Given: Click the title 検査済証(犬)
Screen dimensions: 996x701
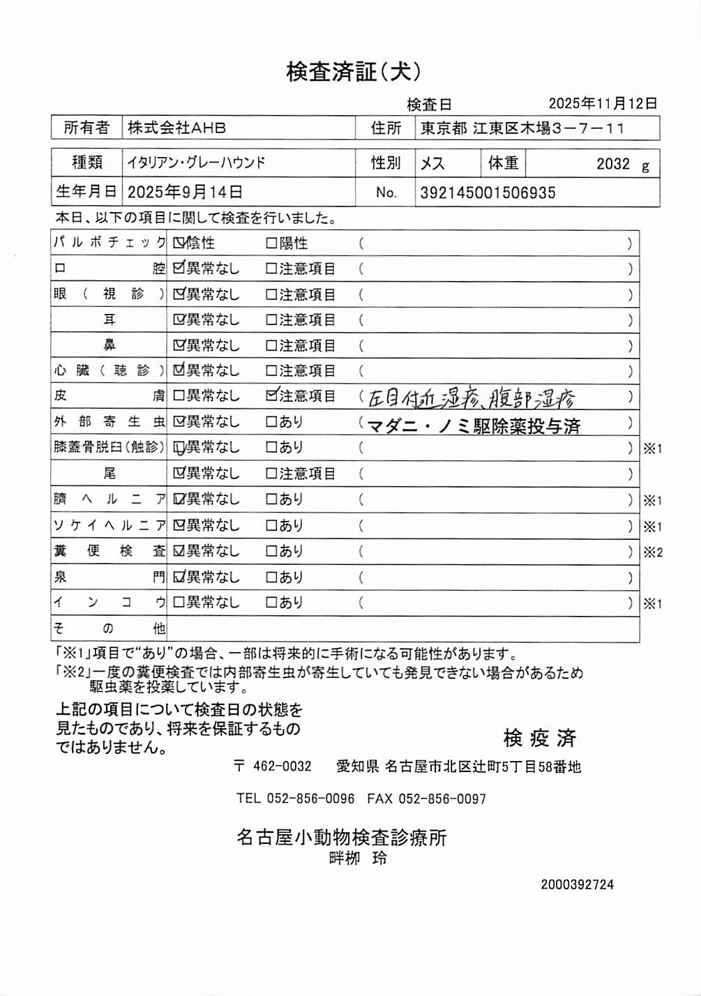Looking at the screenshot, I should click(x=354, y=71).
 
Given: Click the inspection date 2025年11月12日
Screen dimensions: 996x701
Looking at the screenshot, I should click(x=603, y=104).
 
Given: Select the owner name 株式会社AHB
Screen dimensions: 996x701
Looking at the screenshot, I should click(x=176, y=128).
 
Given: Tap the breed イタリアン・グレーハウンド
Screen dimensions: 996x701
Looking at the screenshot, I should click(x=197, y=163).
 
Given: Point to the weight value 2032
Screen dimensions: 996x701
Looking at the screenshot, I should click(x=613, y=165).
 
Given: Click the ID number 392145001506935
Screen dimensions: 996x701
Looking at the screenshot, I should click(x=488, y=193).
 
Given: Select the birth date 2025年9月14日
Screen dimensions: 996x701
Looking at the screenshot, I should click(x=185, y=193).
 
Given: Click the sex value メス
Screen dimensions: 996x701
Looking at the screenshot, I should click(x=432, y=164).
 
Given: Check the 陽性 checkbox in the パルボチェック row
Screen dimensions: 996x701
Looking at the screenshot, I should click(x=271, y=243).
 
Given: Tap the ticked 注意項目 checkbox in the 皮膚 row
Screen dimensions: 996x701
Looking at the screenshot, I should click(x=272, y=396).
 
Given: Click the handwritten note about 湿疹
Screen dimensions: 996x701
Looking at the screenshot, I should click(x=472, y=398).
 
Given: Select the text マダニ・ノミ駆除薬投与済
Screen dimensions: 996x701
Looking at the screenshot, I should click(x=474, y=425).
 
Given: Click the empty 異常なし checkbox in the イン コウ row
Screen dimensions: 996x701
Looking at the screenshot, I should click(x=179, y=603).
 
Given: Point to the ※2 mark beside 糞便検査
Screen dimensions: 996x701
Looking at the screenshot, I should click(x=653, y=552).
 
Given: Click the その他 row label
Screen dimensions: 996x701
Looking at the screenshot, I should click(x=109, y=629).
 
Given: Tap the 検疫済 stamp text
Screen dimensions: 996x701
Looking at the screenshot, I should click(x=539, y=738).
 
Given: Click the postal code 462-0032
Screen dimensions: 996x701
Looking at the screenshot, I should click(x=282, y=767).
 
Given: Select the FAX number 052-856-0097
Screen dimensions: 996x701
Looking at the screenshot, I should click(x=442, y=799).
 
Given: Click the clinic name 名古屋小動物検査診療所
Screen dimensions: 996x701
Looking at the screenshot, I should click(x=342, y=837).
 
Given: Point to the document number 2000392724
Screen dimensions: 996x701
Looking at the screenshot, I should click(x=577, y=884).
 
